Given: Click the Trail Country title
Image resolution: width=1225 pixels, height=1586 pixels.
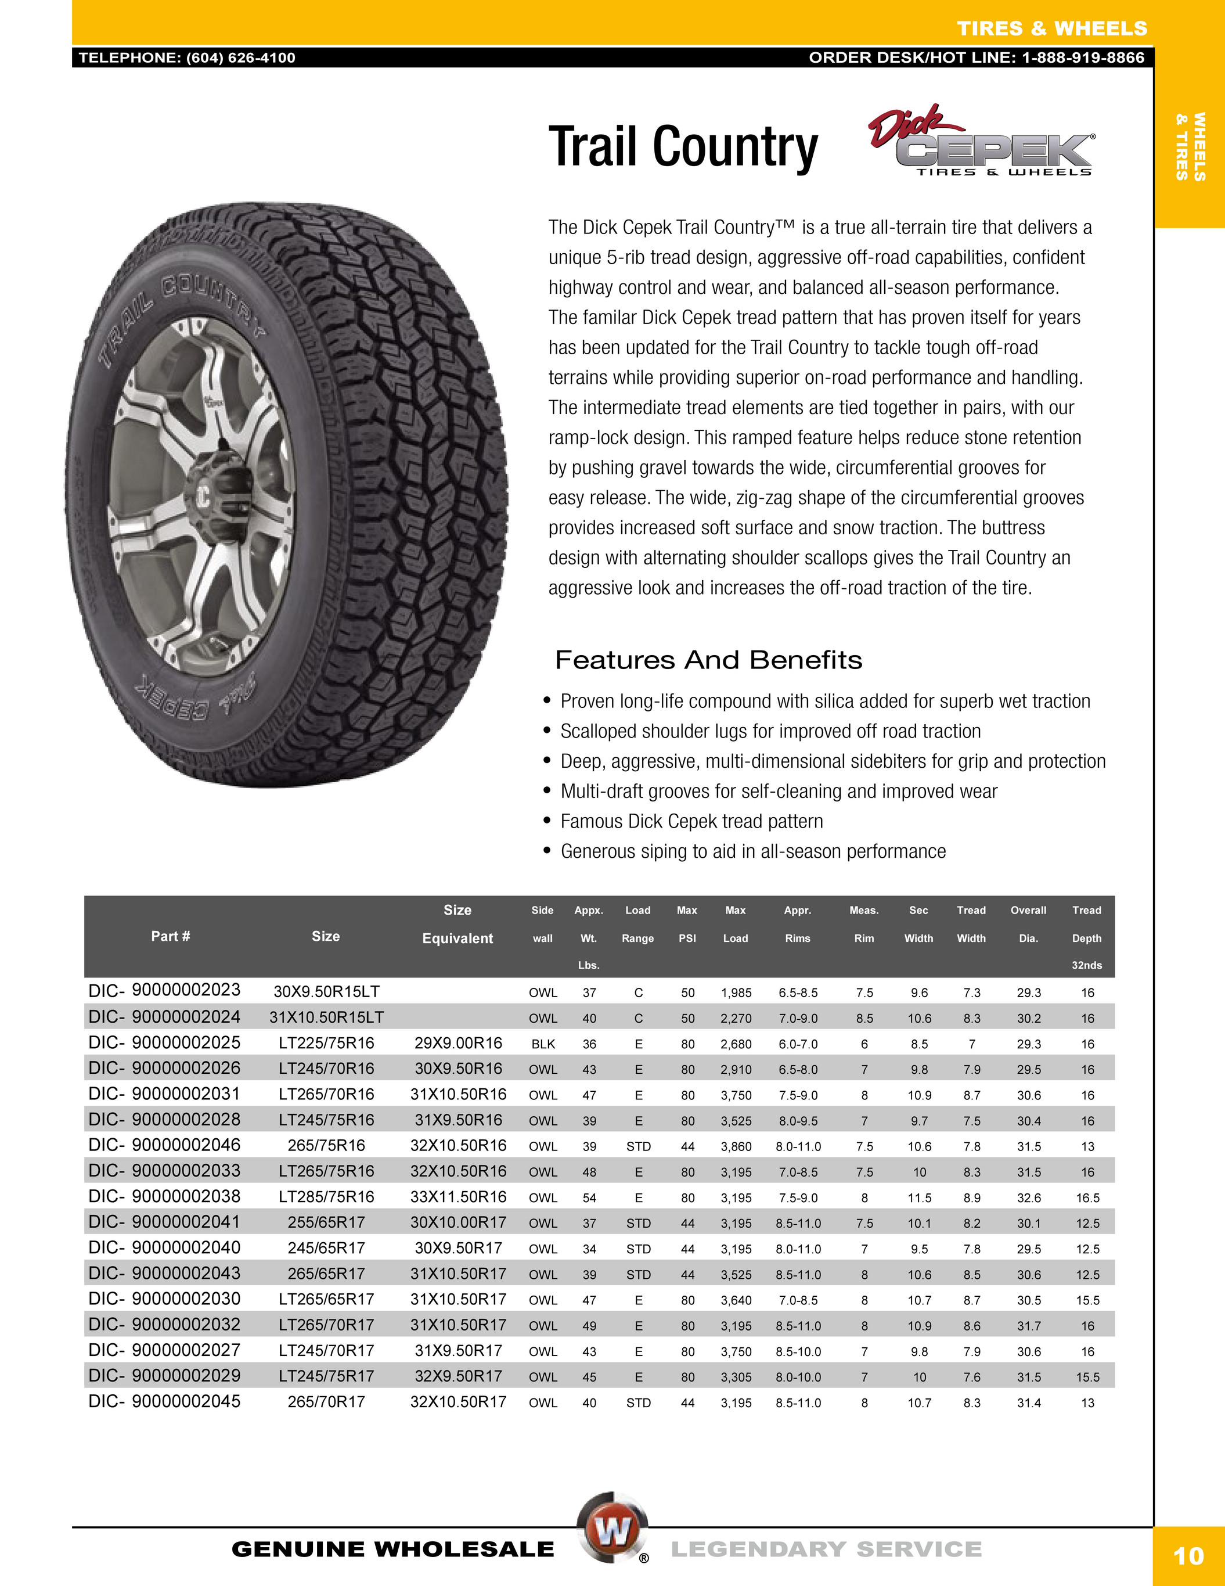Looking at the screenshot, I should click(683, 148).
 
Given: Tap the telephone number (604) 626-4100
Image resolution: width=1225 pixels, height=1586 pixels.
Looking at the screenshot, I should click(240, 58).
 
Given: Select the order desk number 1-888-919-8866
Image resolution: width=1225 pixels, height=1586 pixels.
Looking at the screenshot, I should click(1083, 58).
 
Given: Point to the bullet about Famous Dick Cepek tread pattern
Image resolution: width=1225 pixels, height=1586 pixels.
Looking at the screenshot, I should click(691, 821).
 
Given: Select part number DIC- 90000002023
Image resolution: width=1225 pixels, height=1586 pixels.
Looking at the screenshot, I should click(164, 991).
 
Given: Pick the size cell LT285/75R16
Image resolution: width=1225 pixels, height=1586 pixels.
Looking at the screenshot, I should click(326, 1197).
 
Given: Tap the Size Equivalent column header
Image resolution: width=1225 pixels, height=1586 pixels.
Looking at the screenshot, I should click(457, 925).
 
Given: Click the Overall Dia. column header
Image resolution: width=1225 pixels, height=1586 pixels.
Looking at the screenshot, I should click(1028, 924).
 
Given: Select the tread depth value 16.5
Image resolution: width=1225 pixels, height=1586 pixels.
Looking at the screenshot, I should click(1087, 1198).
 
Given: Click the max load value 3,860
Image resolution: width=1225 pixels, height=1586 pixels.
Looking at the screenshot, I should click(736, 1146).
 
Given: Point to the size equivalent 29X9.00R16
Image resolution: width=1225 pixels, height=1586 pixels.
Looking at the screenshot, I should click(457, 1044).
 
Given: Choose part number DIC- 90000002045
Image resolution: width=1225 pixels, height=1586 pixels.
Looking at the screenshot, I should click(164, 1401).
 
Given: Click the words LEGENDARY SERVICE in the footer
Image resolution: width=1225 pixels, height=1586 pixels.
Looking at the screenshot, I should click(826, 1549).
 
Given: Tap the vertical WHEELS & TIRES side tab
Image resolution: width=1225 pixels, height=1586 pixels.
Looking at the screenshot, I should click(1190, 146).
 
